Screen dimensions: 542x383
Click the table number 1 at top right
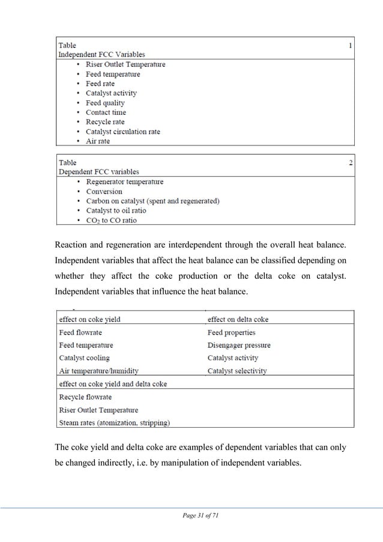(351, 45)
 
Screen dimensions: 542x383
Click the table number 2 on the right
(351, 162)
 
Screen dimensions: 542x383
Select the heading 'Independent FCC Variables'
(101, 54)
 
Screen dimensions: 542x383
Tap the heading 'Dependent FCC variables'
(98, 172)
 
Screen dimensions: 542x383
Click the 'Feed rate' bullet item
(100, 84)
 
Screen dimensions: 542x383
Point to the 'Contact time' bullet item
(106, 112)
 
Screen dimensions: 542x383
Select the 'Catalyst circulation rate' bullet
(122, 132)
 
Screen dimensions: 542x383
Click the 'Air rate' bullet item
(98, 141)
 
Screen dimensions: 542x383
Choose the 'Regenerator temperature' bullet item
(124, 181)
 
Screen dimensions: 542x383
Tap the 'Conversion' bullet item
(104, 192)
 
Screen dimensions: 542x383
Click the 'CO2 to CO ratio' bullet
(111, 221)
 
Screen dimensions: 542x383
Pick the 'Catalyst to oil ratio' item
(116, 211)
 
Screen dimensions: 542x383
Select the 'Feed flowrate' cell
(80, 332)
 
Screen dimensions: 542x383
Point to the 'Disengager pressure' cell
(239, 346)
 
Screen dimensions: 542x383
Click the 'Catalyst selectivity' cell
(237, 371)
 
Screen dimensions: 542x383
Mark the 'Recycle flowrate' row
(85, 397)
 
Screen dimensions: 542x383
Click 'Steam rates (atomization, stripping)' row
(114, 422)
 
